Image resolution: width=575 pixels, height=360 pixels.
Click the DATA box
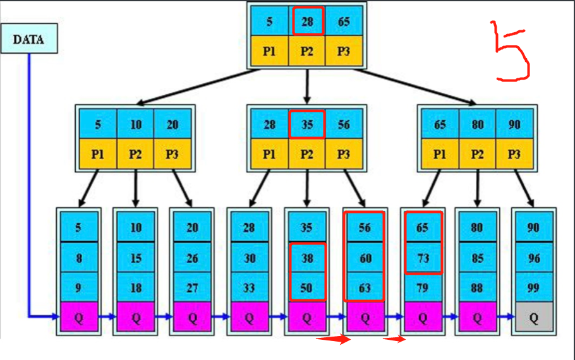29,40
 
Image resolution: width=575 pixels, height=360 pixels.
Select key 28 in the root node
307,21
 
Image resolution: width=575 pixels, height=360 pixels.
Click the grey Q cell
533,318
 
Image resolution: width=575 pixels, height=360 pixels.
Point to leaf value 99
533,288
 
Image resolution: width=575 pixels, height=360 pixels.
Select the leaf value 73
422,258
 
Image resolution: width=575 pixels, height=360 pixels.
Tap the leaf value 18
136,288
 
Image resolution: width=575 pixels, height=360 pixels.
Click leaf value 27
193,288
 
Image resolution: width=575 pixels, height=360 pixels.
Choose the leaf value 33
249,288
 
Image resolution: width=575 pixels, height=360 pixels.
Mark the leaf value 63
364,288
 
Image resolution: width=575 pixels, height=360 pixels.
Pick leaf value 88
477,288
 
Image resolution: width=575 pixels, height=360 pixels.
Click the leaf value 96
533,258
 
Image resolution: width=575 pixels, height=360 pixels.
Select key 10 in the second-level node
136,124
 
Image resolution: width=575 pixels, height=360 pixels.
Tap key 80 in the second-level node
477,124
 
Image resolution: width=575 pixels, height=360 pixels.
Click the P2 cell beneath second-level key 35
307,154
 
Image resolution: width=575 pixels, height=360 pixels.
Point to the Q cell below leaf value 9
78,318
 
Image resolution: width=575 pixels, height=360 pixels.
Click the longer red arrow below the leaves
332,340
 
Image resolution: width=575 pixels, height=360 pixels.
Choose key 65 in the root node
344,21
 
